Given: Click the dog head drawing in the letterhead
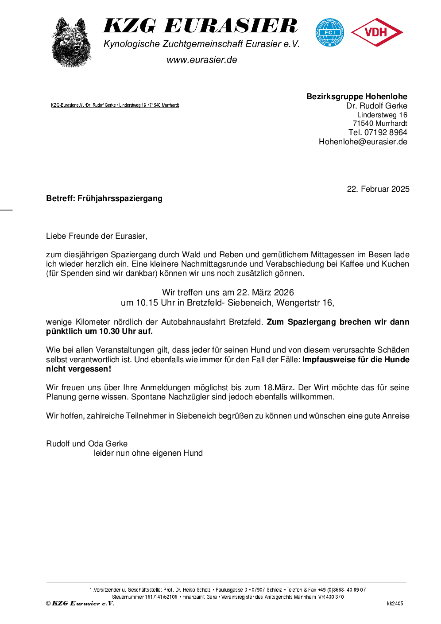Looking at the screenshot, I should click(71, 43).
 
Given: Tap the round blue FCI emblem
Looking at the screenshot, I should click(329, 32).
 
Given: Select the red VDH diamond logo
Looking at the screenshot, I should click(377, 32).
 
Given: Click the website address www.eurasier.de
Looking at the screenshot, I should click(202, 60).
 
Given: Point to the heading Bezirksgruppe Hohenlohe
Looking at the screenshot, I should click(356, 97).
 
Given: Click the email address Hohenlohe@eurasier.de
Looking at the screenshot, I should click(363, 142).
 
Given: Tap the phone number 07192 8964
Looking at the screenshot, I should click(385, 132).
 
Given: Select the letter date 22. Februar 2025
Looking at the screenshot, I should click(378, 189).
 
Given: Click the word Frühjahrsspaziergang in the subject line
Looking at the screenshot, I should click(120, 198).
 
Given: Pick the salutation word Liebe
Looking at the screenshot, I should click(56, 236).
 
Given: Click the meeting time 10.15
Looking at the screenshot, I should click(147, 303).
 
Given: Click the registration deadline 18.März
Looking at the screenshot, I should click(279, 388).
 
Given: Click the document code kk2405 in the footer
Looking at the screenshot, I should click(395, 604).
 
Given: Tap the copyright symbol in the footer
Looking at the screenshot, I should click(48, 603).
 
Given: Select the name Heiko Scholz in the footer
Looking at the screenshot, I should click(197, 590).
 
